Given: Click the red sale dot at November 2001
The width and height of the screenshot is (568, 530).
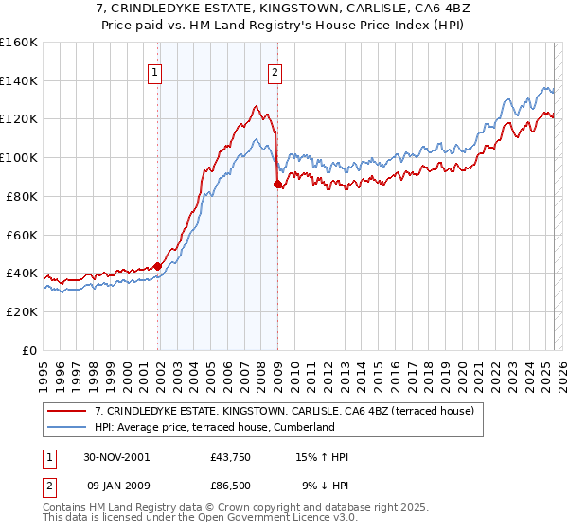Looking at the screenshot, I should point(157,266).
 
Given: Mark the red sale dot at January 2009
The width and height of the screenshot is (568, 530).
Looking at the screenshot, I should point(277,184).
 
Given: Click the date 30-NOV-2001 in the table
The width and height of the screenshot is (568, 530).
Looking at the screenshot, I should point(116,457).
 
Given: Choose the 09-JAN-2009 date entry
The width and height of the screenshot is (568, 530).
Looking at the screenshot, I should point(116,486).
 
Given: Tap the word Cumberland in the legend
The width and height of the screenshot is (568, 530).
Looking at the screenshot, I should point(301,427).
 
